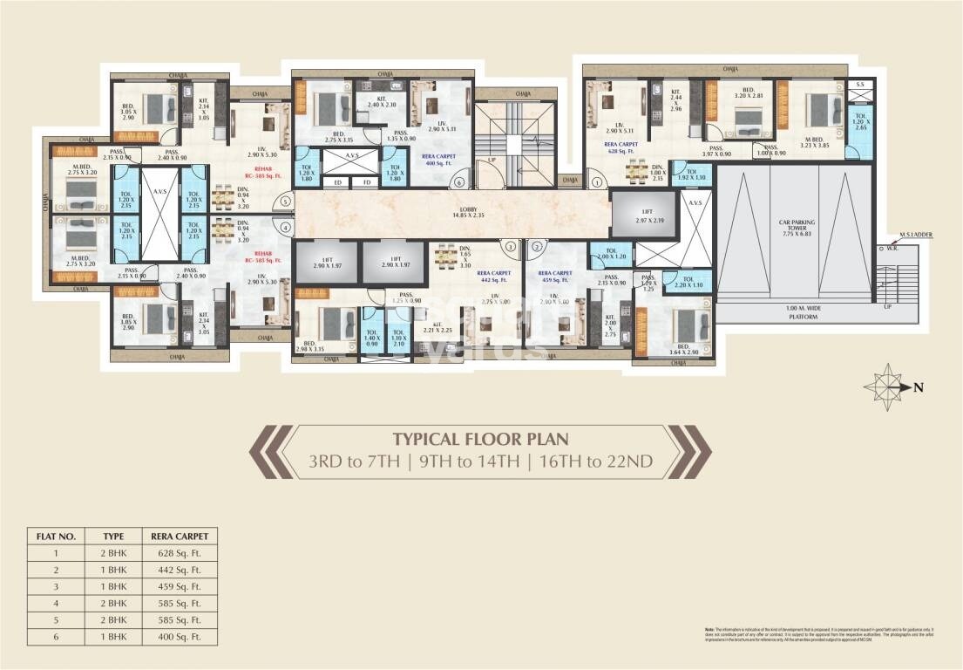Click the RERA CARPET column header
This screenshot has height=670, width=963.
click(180, 535)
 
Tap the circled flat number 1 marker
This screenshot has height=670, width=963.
click(597, 183)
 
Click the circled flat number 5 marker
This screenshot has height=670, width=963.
click(285, 202)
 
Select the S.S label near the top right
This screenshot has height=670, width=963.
click(860, 85)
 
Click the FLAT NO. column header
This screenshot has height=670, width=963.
click(54, 535)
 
